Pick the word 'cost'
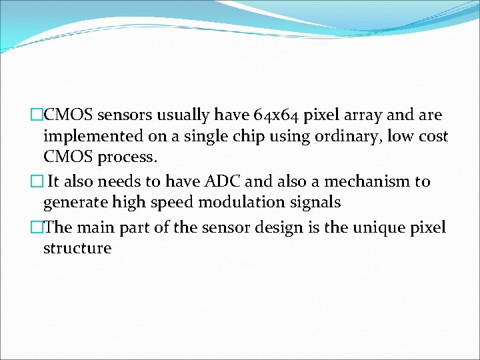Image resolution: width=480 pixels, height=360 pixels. click(x=433, y=137)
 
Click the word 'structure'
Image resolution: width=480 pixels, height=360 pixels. click(x=77, y=249)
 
